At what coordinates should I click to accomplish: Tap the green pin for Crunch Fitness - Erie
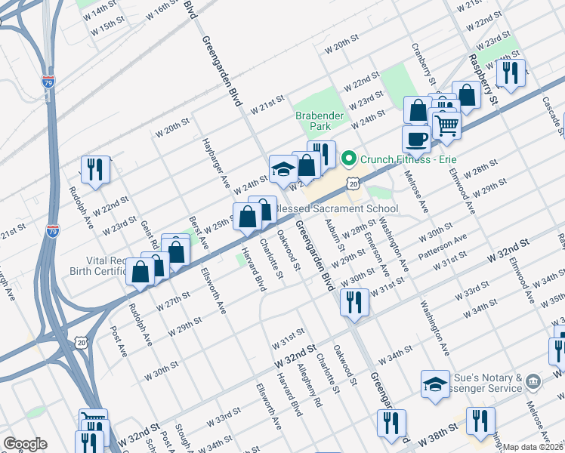(x=348, y=159)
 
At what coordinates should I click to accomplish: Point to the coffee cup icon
(x=415, y=138)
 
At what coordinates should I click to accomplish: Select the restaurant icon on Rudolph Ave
(x=96, y=169)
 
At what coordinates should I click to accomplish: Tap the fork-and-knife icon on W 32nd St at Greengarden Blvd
(x=355, y=301)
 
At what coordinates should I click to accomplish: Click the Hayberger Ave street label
(x=214, y=162)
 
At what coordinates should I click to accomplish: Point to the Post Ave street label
(x=117, y=341)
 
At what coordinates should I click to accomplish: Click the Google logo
(x=25, y=443)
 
